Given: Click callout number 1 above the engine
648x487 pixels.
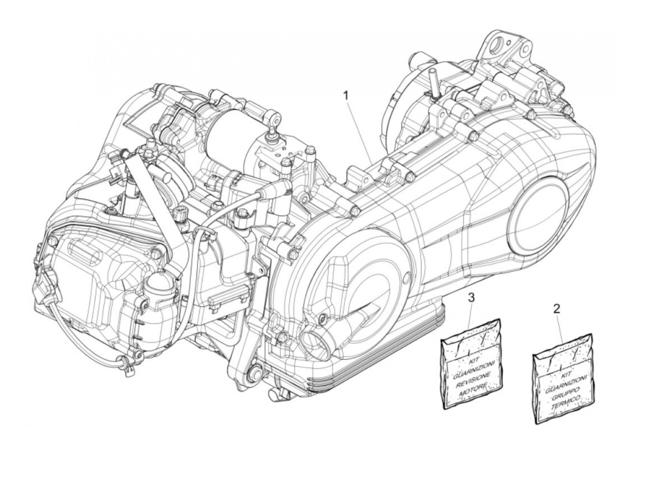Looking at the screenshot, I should click(345, 96).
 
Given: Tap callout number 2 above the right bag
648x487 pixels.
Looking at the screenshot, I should click(557, 308).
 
